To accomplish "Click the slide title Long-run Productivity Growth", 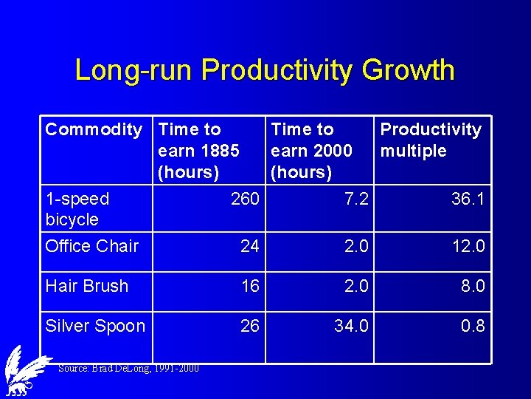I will point(265,70).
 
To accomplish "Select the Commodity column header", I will point(94,130).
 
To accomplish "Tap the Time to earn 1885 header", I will point(198,151).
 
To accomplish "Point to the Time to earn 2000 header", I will point(311,151).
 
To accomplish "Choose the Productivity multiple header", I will point(430,140).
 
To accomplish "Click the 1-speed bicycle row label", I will point(77,209).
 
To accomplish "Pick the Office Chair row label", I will point(91,246).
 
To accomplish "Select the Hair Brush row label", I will point(86,286).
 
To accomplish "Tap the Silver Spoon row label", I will point(94,326).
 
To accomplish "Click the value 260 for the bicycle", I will point(245,199).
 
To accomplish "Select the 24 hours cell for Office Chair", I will point(250,246).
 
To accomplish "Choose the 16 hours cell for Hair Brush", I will point(250,286).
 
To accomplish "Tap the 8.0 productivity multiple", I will point(473,286).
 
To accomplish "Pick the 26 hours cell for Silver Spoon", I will point(250,326).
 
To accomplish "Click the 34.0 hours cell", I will point(351,326).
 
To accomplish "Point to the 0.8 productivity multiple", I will point(473,326).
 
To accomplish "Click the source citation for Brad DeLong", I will point(128,368).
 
